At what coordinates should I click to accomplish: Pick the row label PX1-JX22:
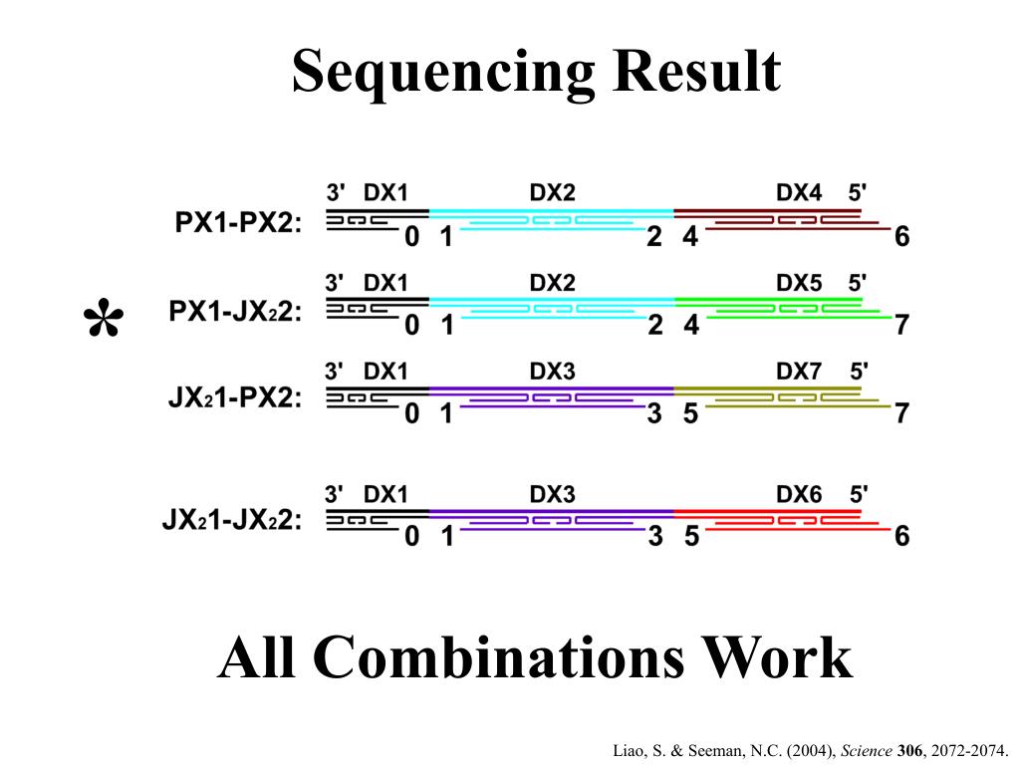coord(235,312)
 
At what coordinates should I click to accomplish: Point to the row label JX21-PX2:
coord(235,399)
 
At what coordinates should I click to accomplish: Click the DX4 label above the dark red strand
coord(799,192)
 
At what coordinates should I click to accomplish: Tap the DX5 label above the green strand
coord(799,283)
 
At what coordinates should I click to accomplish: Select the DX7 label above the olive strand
coord(799,372)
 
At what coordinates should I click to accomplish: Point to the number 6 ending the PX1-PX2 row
coord(901,237)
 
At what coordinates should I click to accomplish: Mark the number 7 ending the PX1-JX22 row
coord(901,326)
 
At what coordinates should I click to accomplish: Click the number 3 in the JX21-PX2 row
coord(654,413)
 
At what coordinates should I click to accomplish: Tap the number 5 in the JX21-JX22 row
coord(690,536)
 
